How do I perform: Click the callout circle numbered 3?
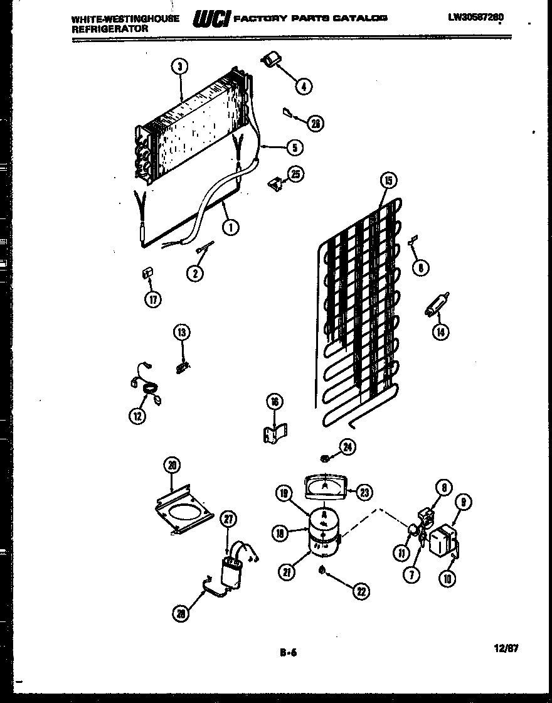[x=180, y=68]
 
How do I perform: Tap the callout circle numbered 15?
[x=389, y=181]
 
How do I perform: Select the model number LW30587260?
[x=476, y=17]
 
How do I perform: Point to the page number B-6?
[x=288, y=652]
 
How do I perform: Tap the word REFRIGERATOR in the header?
[x=109, y=29]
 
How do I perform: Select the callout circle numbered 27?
[x=228, y=519]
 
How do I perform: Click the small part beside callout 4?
[x=271, y=61]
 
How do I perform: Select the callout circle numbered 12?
[x=137, y=415]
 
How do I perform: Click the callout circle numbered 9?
[x=465, y=502]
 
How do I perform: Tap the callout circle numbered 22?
[x=360, y=591]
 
